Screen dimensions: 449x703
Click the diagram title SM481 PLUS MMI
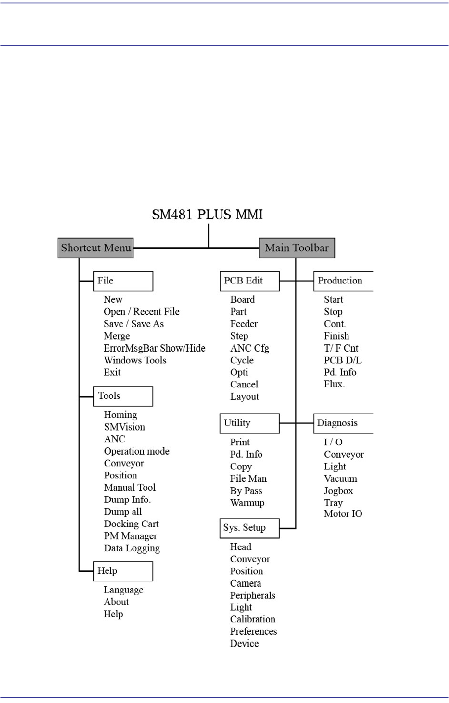point(207,215)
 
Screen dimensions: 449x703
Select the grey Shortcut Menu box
point(96,248)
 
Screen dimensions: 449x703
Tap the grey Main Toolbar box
point(297,248)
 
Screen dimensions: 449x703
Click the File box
point(123,281)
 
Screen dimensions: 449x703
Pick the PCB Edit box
point(249,281)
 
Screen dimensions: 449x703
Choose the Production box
point(343,281)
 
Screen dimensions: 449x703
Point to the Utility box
point(249,423)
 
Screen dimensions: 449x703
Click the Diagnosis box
point(343,423)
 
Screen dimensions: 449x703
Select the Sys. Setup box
point(249,528)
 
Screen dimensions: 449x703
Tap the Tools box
point(123,396)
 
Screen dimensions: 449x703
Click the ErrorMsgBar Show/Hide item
point(154,348)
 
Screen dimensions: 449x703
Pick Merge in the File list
point(117,336)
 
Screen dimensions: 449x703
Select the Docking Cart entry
point(131,524)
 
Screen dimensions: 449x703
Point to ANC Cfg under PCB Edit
point(249,348)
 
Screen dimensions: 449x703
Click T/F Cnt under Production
point(341,348)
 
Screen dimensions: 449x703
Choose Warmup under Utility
point(247,503)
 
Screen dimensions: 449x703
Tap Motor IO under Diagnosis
point(343,514)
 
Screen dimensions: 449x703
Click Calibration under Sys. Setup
point(252,619)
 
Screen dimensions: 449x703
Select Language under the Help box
point(123,590)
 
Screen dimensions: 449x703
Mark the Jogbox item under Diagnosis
point(338,491)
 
